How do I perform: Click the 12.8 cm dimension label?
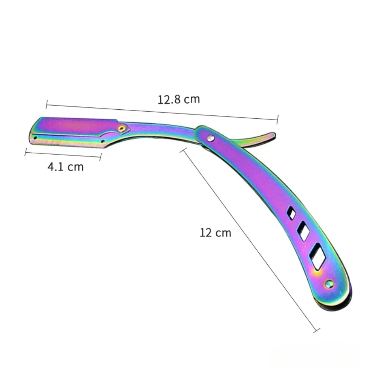[179, 99]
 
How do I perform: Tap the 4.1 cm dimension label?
[65, 167]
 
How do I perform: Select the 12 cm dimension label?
[215, 233]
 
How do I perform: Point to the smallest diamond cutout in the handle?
[291, 213]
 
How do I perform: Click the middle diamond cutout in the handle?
[303, 231]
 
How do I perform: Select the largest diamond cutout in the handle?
[317, 256]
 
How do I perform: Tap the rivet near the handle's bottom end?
[329, 284]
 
